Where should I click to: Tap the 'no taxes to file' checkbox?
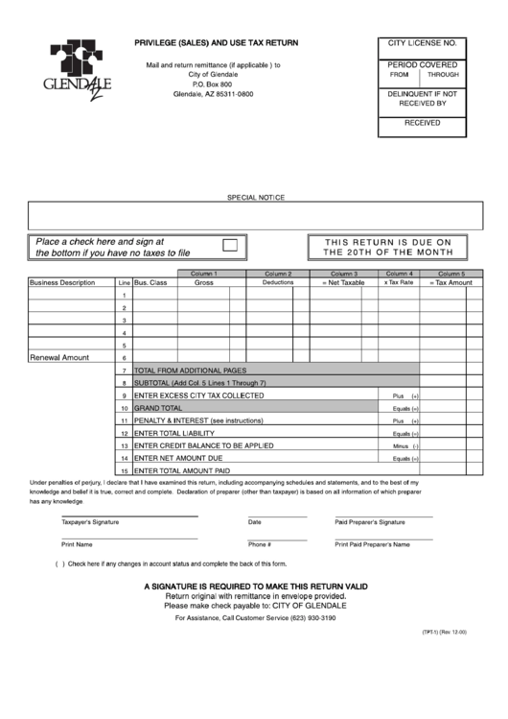pyautogui.click(x=230, y=247)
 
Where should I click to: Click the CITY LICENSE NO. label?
pyautogui.click(x=423, y=44)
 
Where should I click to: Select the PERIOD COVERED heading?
pyautogui.click(x=423, y=64)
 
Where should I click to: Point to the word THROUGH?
pyautogui.click(x=443, y=74)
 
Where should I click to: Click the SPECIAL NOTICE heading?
pyautogui.click(x=255, y=197)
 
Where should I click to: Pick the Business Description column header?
pyautogui.click(x=62, y=283)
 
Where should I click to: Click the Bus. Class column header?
pyautogui.click(x=150, y=283)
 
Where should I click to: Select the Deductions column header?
pyautogui.click(x=278, y=283)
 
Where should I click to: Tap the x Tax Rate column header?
pyautogui.click(x=399, y=283)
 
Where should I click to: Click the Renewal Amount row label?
pyautogui.click(x=59, y=357)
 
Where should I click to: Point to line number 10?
pyautogui.click(x=124, y=408)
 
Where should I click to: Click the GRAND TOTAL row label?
pyautogui.click(x=158, y=408)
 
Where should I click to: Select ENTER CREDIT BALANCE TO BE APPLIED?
pyautogui.click(x=204, y=445)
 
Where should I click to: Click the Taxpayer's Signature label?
pyautogui.click(x=90, y=522)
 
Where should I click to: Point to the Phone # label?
pyautogui.click(x=260, y=544)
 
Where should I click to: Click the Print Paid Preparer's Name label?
pyautogui.click(x=372, y=544)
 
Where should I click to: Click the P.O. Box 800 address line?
pyautogui.click(x=213, y=84)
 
